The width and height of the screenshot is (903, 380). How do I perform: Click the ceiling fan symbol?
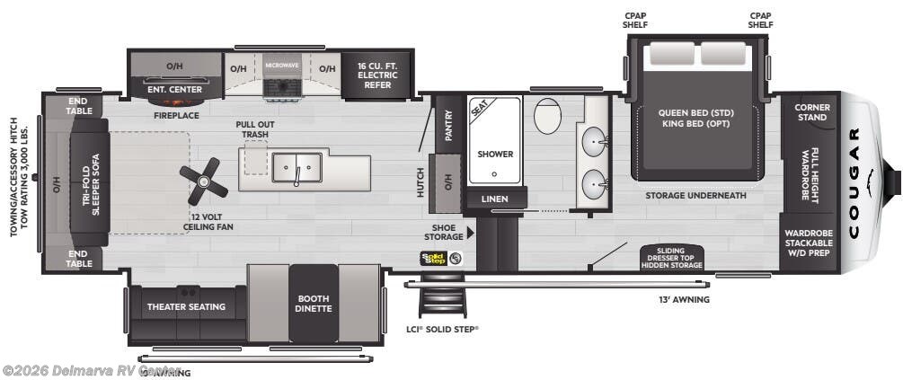pyautogui.click(x=204, y=180)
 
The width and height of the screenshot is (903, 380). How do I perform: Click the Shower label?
pyautogui.click(x=494, y=154)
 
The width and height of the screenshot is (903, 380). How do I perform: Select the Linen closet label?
pyautogui.click(x=494, y=199)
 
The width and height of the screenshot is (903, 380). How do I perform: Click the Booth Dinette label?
pyautogui.click(x=314, y=304)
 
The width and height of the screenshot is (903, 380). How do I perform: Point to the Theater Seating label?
pyautogui.click(x=187, y=306)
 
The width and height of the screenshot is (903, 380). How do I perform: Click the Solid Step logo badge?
pyautogui.click(x=433, y=259)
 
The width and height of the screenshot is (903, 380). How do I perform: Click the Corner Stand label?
pyautogui.click(x=811, y=112)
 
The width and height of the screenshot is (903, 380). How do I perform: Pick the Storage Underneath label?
pyautogui.click(x=695, y=195)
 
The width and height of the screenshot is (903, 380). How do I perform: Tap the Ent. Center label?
pyautogui.click(x=174, y=90)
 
